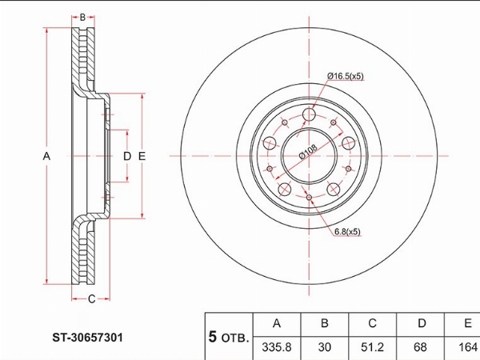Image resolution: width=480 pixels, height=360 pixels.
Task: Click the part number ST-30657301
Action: (87, 338)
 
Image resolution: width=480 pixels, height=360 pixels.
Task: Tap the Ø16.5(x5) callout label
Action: (346, 76)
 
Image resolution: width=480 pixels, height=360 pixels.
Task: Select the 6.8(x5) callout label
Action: (347, 232)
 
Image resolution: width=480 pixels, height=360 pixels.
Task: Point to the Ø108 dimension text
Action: (308, 151)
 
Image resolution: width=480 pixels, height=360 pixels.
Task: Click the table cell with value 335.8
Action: (277, 347)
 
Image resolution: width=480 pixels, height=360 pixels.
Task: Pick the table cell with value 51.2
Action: (372, 347)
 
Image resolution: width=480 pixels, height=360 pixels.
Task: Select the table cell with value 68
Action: (420, 347)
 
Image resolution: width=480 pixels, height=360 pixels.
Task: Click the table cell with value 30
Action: (325, 347)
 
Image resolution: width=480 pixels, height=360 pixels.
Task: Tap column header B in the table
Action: (325, 323)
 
